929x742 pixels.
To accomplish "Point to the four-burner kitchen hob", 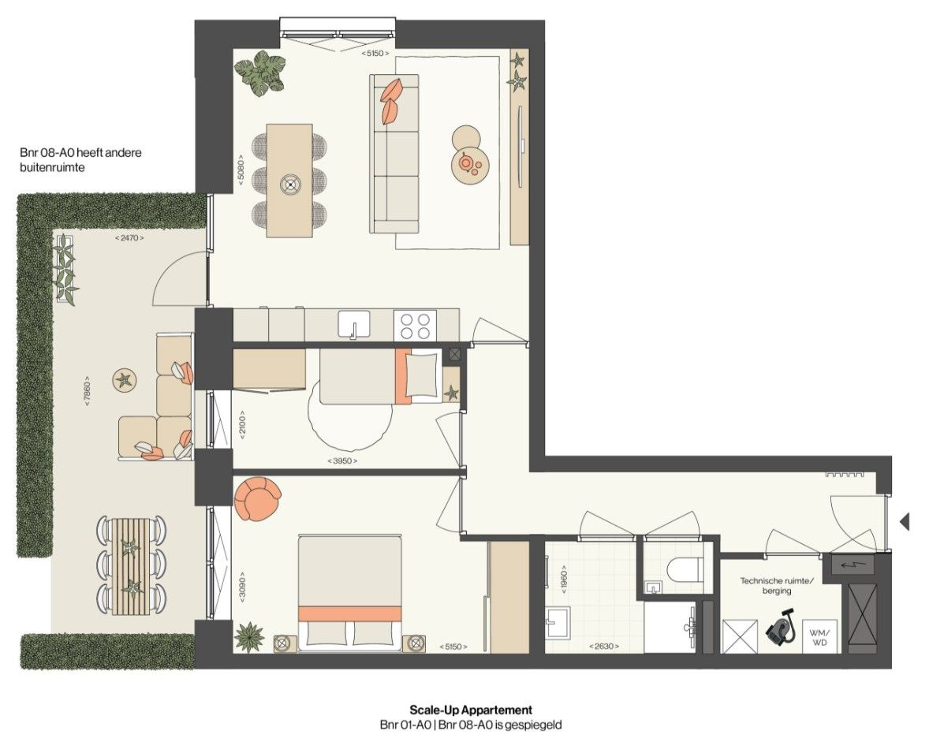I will click(414, 325).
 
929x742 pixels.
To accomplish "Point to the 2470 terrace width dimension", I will click(129, 237).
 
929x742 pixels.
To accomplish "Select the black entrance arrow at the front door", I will click(905, 520).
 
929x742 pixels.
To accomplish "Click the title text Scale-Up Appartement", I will click(471, 710).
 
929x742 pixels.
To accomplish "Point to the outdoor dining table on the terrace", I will click(131, 565).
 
